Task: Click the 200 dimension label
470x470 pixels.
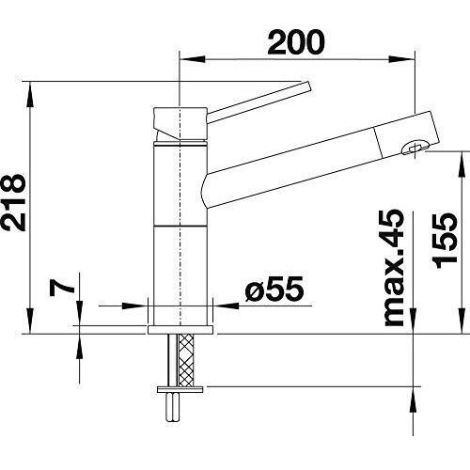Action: pos(296,42)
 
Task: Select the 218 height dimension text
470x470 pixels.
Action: pos(14,203)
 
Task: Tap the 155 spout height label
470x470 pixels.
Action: pos(445,241)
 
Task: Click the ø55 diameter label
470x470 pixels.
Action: pos(274,289)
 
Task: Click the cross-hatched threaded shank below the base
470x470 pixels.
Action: pos(185,360)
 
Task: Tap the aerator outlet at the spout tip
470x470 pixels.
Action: pos(415,148)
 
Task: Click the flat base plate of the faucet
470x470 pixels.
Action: pos(180,330)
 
